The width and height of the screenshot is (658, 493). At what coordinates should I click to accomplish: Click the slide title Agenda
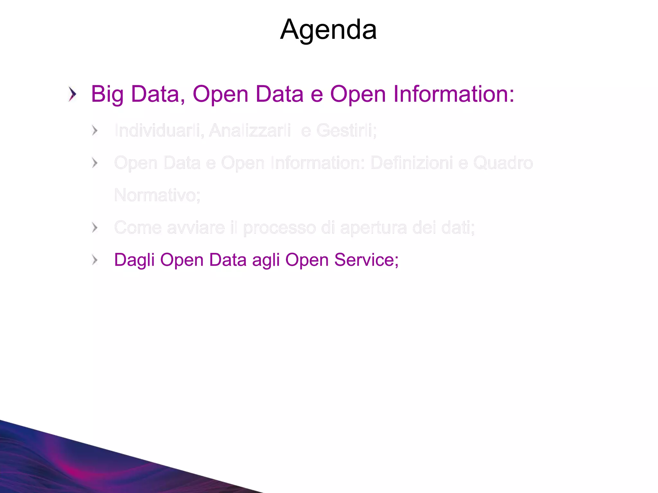coord(328,30)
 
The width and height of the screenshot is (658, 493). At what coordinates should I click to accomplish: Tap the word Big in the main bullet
coord(107,95)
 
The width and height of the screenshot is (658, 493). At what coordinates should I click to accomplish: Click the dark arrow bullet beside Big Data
coord(73,94)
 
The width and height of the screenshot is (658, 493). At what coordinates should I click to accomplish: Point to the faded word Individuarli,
coord(159,131)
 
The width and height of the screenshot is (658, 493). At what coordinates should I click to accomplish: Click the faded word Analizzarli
coord(250,131)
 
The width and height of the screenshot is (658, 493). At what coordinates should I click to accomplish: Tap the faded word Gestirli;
coord(346,131)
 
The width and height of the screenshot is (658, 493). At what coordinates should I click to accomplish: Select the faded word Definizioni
coord(411,163)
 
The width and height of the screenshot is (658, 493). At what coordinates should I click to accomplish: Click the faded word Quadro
coord(503,163)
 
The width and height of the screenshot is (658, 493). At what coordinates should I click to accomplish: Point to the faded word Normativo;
coord(157,195)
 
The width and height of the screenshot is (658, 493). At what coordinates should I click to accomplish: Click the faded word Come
coord(138,228)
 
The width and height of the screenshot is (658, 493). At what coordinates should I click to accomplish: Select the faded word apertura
coord(373,228)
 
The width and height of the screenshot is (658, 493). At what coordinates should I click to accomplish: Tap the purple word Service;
coord(366,260)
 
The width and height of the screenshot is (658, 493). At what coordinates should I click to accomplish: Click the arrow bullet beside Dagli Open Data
coord(94,260)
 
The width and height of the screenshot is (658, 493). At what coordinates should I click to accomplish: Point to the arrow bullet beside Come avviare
coord(94,228)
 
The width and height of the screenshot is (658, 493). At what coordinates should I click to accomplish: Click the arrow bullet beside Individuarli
coord(94,131)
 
